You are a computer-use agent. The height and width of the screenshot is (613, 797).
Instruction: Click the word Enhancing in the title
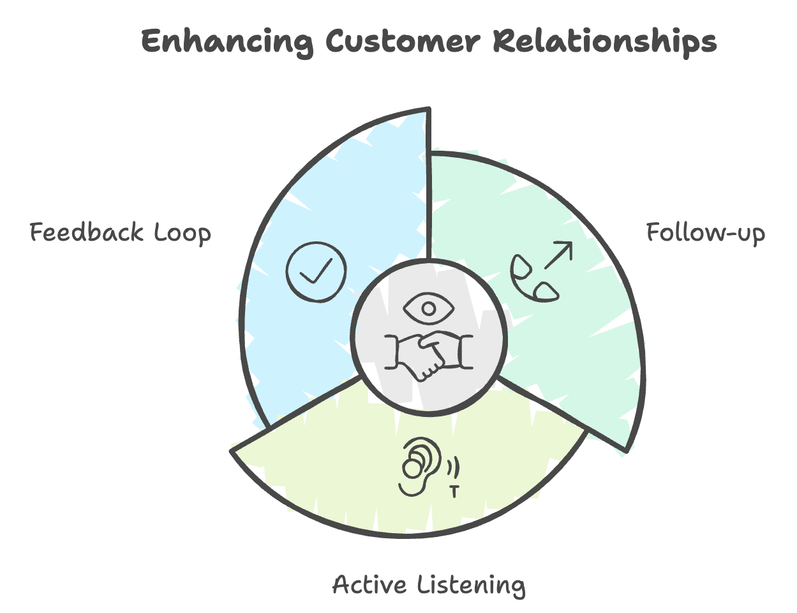click(227, 42)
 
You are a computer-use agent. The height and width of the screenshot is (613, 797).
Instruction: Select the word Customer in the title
click(403, 40)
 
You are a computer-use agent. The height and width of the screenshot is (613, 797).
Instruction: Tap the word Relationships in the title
click(605, 42)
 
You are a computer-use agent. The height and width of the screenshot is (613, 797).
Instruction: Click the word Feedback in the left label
click(87, 232)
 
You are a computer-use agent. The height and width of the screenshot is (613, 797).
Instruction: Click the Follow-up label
click(706, 233)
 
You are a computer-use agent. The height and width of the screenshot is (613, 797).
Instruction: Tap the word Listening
click(472, 586)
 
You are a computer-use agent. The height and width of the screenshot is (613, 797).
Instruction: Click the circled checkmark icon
click(316, 272)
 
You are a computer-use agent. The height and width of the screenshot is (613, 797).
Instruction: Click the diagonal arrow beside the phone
click(558, 255)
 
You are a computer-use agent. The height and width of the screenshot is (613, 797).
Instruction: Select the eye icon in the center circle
click(428, 308)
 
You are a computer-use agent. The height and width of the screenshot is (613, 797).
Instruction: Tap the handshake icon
click(428, 355)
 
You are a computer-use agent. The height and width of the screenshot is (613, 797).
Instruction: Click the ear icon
click(421, 467)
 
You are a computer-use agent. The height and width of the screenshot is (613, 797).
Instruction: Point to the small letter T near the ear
click(454, 492)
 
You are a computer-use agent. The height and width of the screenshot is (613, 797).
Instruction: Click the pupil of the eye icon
click(428, 308)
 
